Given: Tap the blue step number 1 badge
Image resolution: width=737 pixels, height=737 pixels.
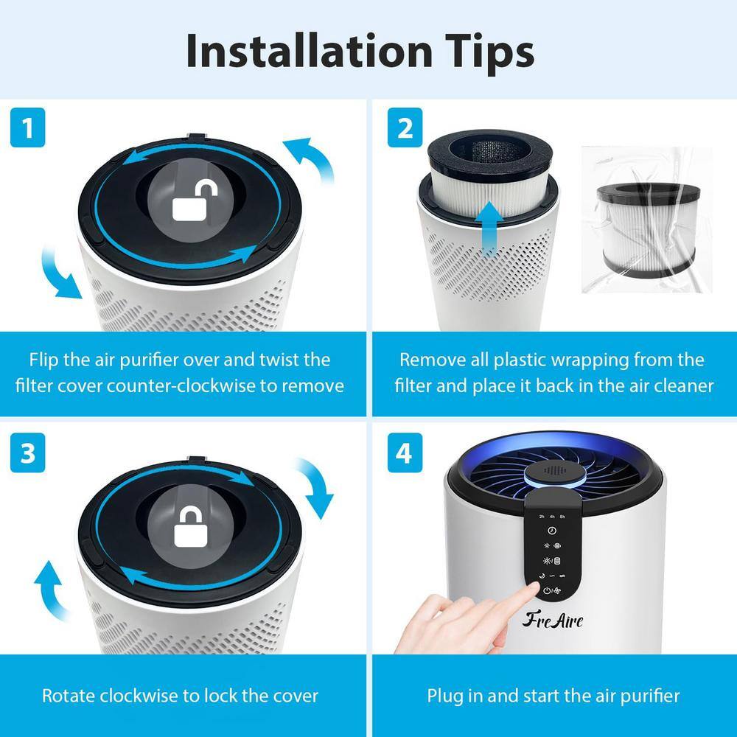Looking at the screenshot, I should click(x=28, y=129).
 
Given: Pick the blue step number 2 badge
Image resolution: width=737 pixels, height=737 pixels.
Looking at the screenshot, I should click(x=404, y=129).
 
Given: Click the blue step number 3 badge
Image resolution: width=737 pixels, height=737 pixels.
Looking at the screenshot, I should click(x=28, y=453).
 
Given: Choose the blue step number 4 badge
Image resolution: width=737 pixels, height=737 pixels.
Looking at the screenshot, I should click(x=404, y=453).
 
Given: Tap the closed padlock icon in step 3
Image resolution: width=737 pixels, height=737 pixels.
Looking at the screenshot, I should click(x=189, y=525).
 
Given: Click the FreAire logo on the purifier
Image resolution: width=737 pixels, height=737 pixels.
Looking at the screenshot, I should click(x=553, y=620).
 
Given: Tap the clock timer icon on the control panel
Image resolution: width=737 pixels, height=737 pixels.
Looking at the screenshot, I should click(x=551, y=530).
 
